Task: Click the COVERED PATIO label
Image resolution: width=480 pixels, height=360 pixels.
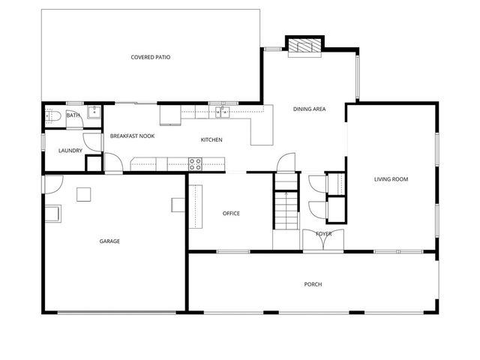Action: (150, 57)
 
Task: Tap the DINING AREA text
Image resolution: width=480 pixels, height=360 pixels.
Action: (309, 109)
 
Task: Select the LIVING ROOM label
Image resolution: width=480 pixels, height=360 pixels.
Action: (391, 179)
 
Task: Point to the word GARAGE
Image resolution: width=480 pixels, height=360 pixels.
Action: (109, 241)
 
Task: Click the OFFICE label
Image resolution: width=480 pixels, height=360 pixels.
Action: (231, 214)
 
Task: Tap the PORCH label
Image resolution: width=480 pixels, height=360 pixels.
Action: (313, 284)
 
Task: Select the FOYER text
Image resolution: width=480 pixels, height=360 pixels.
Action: (323, 234)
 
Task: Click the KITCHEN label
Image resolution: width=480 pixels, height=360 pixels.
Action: (211, 140)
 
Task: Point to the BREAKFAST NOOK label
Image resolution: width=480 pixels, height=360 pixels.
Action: (132, 136)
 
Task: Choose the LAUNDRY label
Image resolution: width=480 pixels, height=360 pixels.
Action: (70, 151)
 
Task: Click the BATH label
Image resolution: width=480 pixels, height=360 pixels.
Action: (73, 115)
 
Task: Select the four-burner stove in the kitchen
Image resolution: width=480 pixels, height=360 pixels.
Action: (195, 163)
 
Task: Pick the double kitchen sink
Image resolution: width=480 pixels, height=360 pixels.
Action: (222, 112)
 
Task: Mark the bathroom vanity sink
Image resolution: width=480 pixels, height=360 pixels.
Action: (94, 112)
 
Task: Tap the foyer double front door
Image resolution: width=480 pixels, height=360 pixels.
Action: (323, 241)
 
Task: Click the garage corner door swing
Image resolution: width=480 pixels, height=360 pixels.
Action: (52, 183)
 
